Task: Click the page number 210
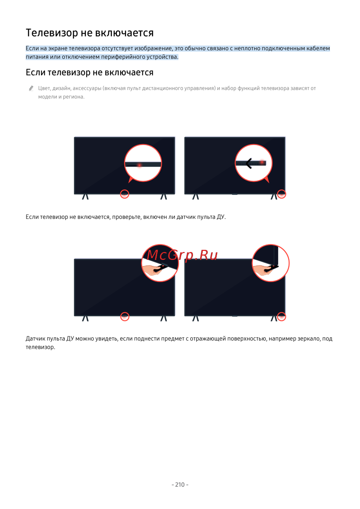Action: (180, 485)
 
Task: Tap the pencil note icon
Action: (31, 88)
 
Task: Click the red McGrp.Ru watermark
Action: (182, 255)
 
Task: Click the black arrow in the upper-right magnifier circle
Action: (249, 163)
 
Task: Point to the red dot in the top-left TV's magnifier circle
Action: (140, 165)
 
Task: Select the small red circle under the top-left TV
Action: (125, 194)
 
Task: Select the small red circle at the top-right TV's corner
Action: (282, 194)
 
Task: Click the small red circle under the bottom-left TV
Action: (125, 316)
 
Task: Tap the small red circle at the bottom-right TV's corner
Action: (282, 316)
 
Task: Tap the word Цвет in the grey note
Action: (44, 88)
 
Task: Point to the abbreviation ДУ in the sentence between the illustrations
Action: (220, 217)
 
